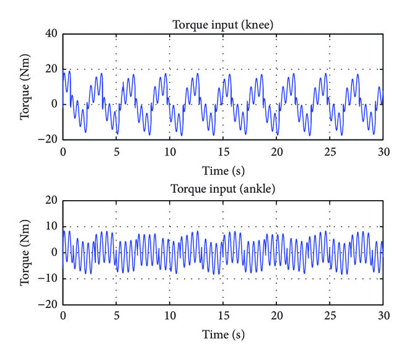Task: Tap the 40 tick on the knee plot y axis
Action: (x=51, y=34)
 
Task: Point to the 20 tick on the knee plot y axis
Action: (x=51, y=69)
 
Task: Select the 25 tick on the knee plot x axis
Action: (x=329, y=151)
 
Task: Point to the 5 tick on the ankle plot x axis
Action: (x=116, y=315)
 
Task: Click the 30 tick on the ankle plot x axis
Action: (x=382, y=315)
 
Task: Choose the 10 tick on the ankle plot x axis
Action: (x=169, y=315)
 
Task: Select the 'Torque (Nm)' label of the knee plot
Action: (x=26, y=87)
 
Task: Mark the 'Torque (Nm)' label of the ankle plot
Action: (x=26, y=252)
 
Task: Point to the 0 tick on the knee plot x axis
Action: (x=63, y=151)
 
